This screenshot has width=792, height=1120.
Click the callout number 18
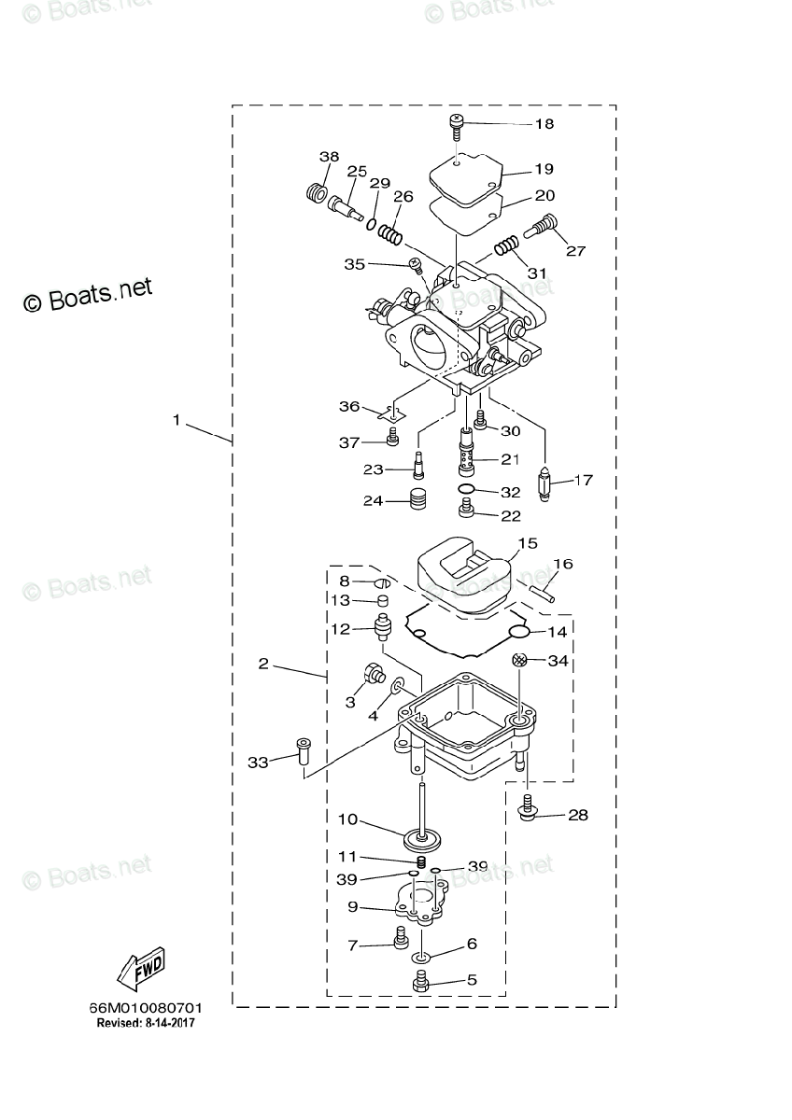point(544,123)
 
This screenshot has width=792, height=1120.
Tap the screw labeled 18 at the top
point(456,127)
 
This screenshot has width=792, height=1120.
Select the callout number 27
point(575,250)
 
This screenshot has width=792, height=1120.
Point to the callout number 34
point(558,661)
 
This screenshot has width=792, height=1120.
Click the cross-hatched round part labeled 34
point(519,660)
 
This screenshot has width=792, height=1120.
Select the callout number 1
point(177,420)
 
